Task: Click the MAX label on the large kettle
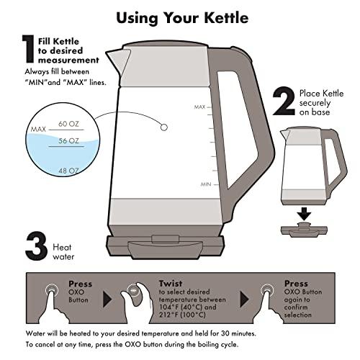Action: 200,107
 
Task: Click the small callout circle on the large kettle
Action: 164,127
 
